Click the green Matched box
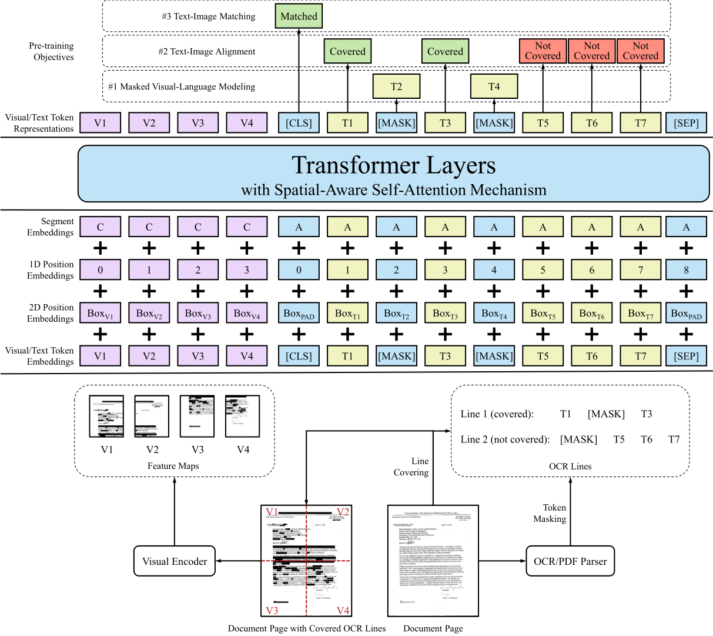click(x=299, y=16)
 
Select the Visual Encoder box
click(x=175, y=561)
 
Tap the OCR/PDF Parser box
click(x=570, y=561)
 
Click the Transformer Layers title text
click(x=393, y=165)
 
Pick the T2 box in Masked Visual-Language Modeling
click(x=396, y=86)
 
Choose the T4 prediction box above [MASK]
click(x=494, y=86)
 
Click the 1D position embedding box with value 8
click(x=686, y=270)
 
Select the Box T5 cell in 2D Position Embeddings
click(x=543, y=314)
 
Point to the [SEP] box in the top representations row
click(x=686, y=123)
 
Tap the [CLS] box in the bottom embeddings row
click(x=299, y=357)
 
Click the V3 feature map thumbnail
click(x=198, y=417)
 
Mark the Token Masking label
click(x=550, y=513)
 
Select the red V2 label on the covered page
click(x=342, y=512)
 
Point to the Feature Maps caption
click(x=173, y=466)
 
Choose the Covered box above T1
click(x=347, y=51)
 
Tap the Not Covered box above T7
click(x=640, y=51)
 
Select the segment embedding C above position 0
click(x=101, y=227)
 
